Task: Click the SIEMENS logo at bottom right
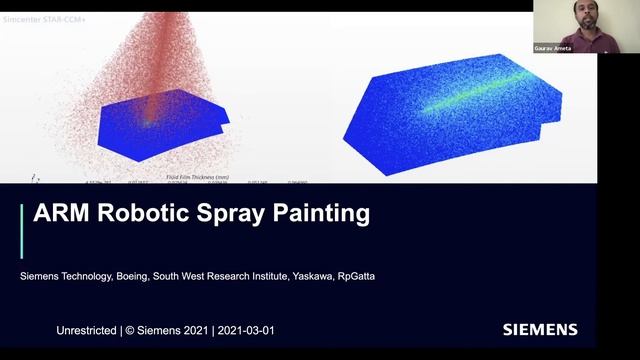coord(540,329)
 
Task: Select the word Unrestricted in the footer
coord(87,329)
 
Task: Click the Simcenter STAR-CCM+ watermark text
coord(45,19)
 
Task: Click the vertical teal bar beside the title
coord(22,231)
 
